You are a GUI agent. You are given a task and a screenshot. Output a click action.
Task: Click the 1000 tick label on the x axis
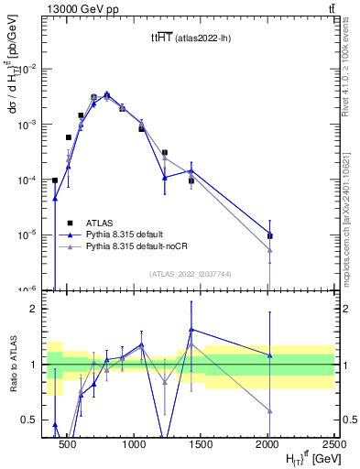point(135,443)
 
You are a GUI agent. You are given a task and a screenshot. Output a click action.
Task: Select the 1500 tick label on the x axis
point(202,443)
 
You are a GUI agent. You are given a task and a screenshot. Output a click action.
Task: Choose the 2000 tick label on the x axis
point(269,443)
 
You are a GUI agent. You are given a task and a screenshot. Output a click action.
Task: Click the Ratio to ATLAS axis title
point(14,365)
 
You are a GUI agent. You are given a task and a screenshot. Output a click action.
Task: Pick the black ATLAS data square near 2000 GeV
point(269,235)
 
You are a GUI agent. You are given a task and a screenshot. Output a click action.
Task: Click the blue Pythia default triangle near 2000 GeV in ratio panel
point(269,355)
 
